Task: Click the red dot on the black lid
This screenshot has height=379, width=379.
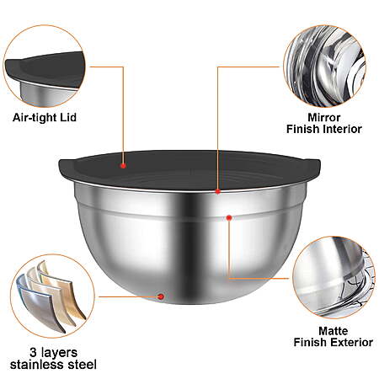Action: (x=123, y=166)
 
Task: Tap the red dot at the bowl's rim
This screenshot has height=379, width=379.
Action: (x=218, y=191)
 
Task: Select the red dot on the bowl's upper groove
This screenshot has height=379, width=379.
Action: (x=229, y=217)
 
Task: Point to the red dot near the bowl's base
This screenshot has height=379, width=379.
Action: (x=161, y=296)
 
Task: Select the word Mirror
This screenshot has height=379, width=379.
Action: (x=324, y=117)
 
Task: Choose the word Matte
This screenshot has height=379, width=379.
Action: (x=334, y=331)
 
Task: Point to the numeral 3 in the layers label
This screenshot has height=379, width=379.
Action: (x=33, y=352)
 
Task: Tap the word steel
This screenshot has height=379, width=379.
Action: (x=83, y=365)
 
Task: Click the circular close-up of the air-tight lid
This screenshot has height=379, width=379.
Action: (x=44, y=67)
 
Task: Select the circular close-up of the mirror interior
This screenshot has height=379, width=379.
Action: (x=325, y=67)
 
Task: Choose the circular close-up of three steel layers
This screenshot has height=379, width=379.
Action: (x=52, y=296)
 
